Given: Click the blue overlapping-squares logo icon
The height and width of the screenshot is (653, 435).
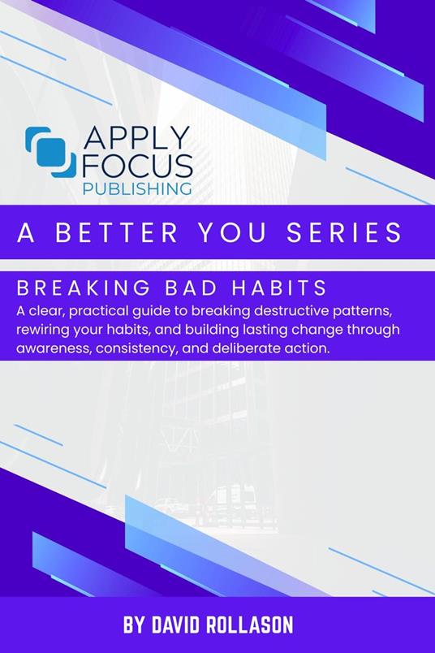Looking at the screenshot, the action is [50, 153].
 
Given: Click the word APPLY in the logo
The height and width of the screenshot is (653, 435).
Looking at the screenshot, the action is [137, 137].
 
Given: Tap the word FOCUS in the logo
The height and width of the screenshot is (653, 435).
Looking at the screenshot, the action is [138, 166].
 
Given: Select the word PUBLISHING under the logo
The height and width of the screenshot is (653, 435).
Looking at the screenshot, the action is [137, 188].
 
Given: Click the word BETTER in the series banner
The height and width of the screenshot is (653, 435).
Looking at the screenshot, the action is [117, 232].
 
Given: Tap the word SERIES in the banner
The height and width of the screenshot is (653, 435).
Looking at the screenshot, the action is [345, 232].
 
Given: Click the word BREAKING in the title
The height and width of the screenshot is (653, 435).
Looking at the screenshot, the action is [84, 288].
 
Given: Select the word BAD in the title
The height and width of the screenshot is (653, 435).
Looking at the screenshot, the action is [191, 288].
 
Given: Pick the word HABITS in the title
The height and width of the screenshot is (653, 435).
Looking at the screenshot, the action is [279, 288].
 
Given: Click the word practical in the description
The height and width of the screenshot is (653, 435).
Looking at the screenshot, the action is [95, 311].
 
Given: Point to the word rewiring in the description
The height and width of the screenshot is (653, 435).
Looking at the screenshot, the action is [41, 330].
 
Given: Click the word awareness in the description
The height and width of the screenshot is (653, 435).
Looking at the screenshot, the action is [54, 348].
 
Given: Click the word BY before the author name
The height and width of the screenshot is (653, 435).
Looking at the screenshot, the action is [135, 625].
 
